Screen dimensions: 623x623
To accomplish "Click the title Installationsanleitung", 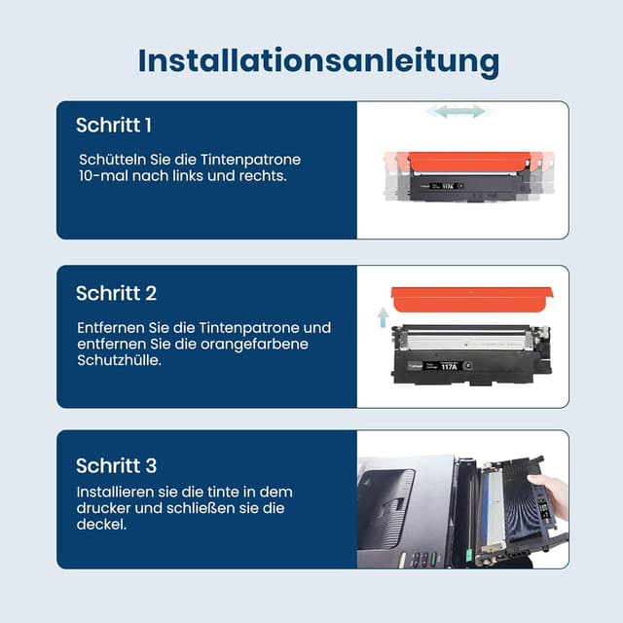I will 318,60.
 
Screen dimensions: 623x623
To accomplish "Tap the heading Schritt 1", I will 114,126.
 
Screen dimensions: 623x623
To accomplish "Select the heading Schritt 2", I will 116,293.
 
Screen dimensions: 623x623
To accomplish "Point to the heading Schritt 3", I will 116,465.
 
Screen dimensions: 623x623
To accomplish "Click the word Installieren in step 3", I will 116,492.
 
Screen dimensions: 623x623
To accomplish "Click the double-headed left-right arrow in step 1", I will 456,112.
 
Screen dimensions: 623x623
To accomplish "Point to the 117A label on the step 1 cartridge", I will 448,183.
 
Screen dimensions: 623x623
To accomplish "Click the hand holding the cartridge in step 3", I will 551,494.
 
